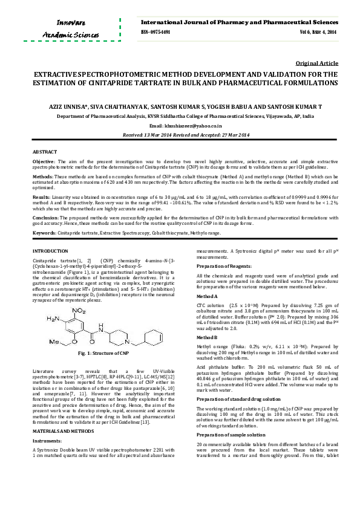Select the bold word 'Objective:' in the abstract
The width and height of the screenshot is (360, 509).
tap(44, 162)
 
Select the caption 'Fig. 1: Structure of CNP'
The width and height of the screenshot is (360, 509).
tap(99, 352)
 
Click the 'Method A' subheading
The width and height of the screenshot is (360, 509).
tap(208, 296)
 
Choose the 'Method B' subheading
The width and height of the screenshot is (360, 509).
tap(208, 337)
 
